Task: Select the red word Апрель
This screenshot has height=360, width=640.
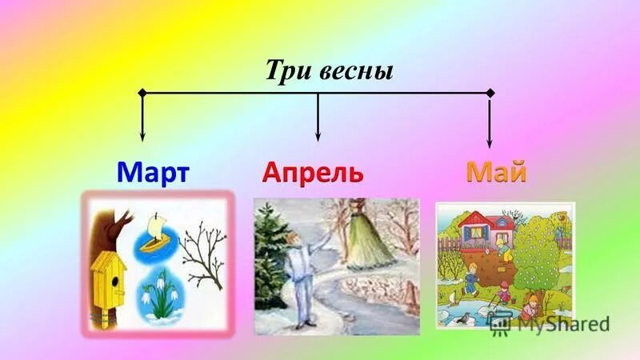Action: click(313, 172)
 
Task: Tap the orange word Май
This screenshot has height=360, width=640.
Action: click(496, 172)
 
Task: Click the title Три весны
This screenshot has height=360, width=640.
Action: click(329, 70)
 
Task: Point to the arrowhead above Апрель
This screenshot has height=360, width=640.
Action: click(318, 137)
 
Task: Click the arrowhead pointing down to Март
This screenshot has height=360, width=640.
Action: click(142, 137)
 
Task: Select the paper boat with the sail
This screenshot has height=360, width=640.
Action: click(154, 237)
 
